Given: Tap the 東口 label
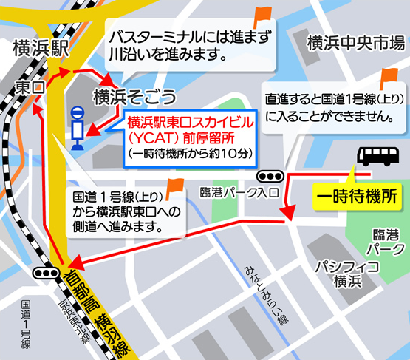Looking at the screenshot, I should [x=30, y=88].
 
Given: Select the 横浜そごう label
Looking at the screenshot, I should [x=133, y=96].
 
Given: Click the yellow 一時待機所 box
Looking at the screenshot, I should [x=356, y=197].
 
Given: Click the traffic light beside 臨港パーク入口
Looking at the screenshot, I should [x=270, y=177].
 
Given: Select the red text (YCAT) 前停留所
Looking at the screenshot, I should [x=191, y=137].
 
